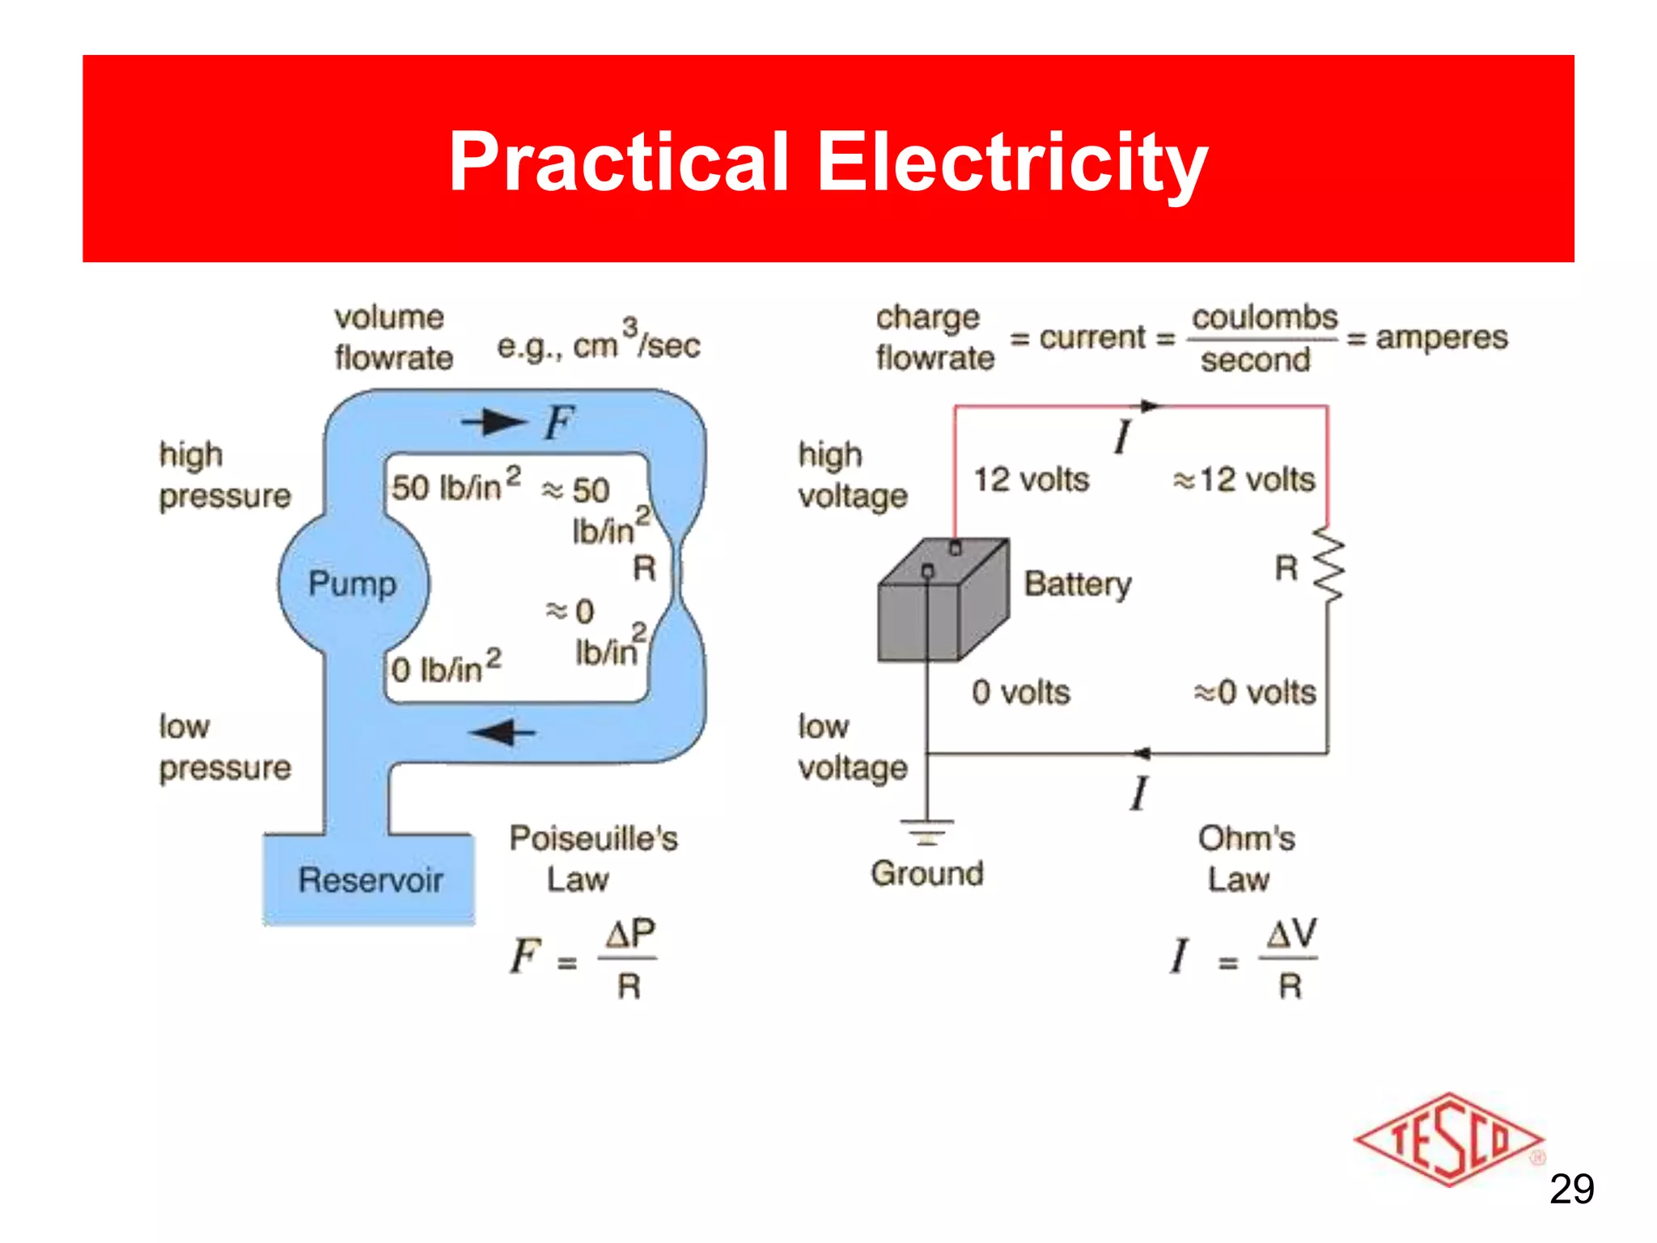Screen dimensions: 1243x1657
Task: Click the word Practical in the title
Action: click(618, 162)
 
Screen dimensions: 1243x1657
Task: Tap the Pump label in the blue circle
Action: click(353, 583)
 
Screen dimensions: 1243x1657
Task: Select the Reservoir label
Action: click(371, 880)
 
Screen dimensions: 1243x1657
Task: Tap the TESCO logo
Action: click(1448, 1139)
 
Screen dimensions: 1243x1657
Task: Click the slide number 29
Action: click(1571, 1189)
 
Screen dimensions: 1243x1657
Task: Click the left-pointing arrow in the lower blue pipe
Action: click(502, 732)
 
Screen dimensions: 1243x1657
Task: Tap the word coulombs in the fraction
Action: click(1265, 317)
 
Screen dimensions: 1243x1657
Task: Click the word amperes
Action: click(1442, 337)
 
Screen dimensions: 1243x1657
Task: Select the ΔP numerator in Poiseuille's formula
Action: click(630, 934)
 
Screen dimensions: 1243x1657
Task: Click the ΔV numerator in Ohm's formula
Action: click(1291, 934)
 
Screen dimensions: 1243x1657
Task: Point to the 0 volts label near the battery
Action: click(1021, 693)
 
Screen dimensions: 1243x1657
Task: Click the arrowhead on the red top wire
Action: click(1149, 405)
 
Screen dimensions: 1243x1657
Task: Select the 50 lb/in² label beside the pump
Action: click(456, 486)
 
